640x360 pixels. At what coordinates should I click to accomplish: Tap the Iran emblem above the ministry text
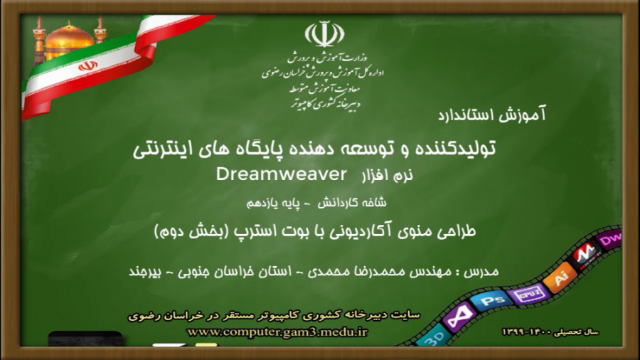[324, 34]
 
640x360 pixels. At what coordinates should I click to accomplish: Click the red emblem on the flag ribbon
[87, 65]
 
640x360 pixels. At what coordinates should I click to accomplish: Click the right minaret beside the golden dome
[100, 29]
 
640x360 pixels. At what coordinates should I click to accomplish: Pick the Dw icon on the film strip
[610, 240]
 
